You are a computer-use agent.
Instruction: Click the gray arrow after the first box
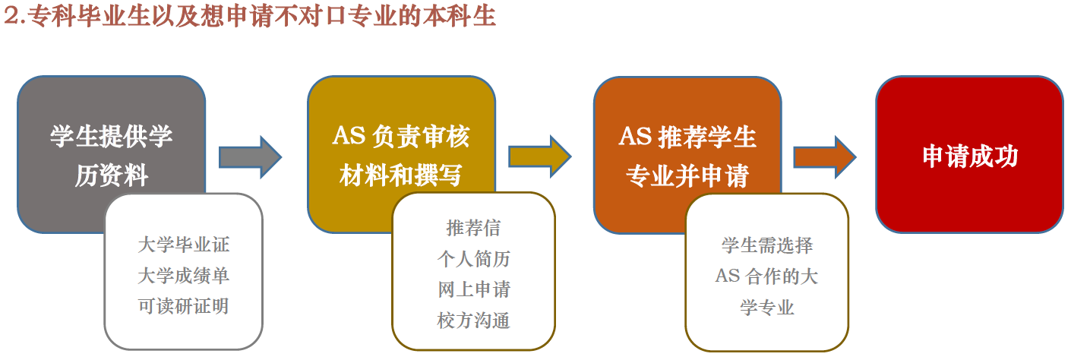click(250, 157)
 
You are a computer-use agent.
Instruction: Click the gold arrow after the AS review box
click(540, 156)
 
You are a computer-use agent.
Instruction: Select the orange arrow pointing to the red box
click(825, 156)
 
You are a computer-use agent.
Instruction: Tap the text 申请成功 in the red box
click(970, 156)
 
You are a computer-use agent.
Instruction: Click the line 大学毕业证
click(184, 245)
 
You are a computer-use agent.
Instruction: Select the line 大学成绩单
click(184, 276)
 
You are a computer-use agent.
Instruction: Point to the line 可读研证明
click(184, 306)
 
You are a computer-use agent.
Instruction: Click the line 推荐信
click(473, 228)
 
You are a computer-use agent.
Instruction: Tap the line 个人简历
click(473, 259)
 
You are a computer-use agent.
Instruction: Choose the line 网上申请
click(474, 289)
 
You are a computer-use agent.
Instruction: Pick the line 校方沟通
click(473, 321)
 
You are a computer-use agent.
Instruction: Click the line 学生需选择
click(767, 245)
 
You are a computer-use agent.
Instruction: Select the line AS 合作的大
click(766, 276)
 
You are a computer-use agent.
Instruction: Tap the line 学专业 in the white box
click(767, 307)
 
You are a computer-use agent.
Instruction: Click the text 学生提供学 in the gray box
click(112, 136)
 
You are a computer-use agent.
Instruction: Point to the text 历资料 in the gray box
click(112, 175)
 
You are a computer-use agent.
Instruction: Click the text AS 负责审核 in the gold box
click(401, 136)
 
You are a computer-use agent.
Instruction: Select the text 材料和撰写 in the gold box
click(400, 175)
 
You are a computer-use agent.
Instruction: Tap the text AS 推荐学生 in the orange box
click(687, 136)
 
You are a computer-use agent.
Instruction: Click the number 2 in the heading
click(11, 16)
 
